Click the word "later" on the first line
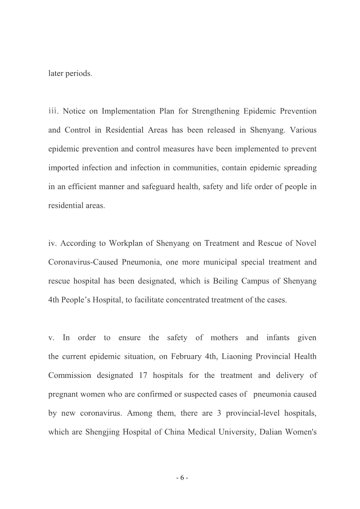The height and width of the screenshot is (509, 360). point(56,73)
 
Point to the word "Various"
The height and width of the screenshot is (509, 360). point(303,130)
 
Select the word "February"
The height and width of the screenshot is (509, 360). point(186,357)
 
